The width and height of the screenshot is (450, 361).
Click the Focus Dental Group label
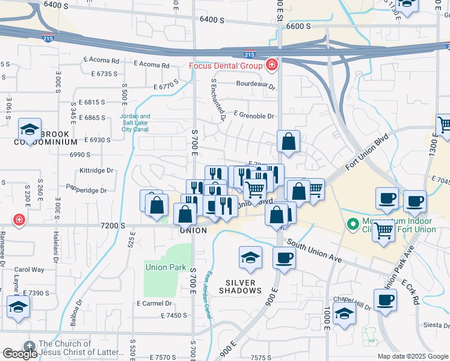(226, 66)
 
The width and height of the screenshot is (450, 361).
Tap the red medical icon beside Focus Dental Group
(272, 64)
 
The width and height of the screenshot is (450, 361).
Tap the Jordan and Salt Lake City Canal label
(135, 123)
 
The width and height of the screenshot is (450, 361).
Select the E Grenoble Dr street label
(254, 116)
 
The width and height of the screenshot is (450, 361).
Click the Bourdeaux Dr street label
(256, 86)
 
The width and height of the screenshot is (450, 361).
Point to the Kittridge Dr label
(96, 170)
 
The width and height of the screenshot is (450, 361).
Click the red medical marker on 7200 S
(19, 220)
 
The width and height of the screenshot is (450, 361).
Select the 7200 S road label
(113, 225)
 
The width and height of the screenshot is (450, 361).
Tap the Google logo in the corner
(20, 353)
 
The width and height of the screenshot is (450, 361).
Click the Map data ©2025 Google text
(413, 356)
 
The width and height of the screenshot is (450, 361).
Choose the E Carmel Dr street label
(155, 303)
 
